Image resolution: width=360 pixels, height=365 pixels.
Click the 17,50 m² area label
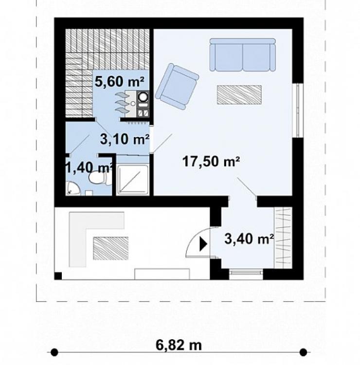pyautogui.click(x=211, y=161)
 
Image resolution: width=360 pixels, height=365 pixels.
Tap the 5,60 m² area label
pyautogui.click(x=120, y=82)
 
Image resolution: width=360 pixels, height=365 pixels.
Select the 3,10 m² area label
pyautogui.click(x=125, y=139)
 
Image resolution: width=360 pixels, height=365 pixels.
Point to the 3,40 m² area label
pyautogui.click(x=249, y=239)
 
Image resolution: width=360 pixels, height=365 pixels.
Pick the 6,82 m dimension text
pyautogui.click(x=179, y=345)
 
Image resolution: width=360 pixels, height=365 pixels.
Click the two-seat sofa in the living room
pyautogui.click(x=243, y=55)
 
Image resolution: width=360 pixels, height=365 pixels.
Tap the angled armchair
pyautogui.click(x=177, y=87)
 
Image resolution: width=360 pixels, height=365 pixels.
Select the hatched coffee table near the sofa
pyautogui.click(x=239, y=95)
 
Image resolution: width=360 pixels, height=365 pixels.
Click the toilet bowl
pyautogui.click(x=98, y=178)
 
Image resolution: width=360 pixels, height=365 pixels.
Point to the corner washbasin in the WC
pyautogui.click(x=72, y=189)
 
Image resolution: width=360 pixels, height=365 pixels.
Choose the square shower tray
pyautogui.click(x=133, y=179)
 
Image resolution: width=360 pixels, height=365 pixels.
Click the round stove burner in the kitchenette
pyautogui.click(x=143, y=97)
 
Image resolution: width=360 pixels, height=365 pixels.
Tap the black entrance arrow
pyautogui.click(x=203, y=244)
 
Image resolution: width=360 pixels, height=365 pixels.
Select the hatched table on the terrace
pyautogui.click(x=111, y=248)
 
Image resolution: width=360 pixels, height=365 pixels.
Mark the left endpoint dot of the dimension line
pyautogui.click(x=54, y=352)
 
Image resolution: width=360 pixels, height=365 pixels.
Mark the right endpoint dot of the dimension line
pyautogui.click(x=303, y=352)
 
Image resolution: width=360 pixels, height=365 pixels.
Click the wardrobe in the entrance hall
pyautogui.click(x=283, y=238)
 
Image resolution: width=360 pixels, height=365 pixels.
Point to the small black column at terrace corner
pyautogui.click(x=58, y=276)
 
